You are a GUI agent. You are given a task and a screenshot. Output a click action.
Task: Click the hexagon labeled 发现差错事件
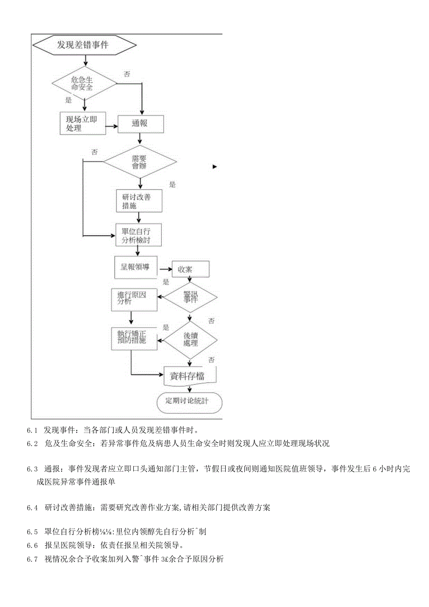pos(84,45)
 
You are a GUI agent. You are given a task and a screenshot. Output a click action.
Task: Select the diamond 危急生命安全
pos(84,84)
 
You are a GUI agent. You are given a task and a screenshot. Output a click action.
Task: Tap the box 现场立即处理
pos(82,124)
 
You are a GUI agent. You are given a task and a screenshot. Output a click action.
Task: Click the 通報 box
pos(140,124)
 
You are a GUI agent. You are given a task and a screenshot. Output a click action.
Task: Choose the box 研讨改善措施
pos(139,201)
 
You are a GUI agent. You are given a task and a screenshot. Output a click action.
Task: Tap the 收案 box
pos(190,269)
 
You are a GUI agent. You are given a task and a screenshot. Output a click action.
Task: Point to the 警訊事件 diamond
pos(190,297)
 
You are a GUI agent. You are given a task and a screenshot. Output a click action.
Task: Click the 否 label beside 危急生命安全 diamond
pos(127,74)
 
